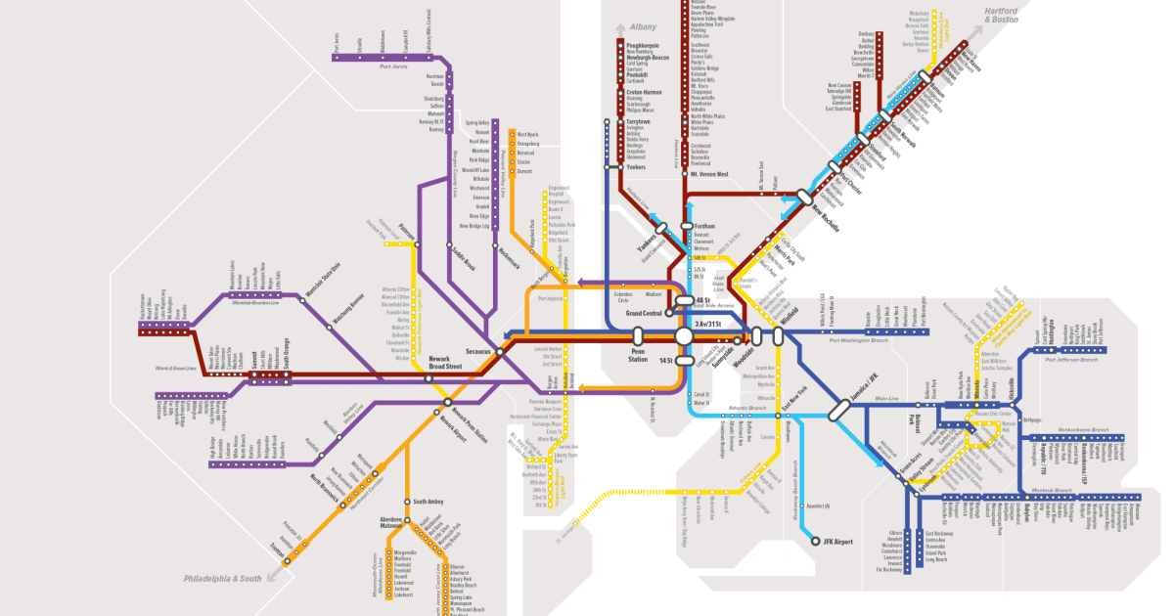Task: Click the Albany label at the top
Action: (x=644, y=28)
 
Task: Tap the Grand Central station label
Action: (x=645, y=313)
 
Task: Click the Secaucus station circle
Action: (x=499, y=351)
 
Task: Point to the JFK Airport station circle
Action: (x=815, y=540)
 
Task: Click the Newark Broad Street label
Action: (x=445, y=363)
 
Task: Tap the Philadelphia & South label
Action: (x=223, y=579)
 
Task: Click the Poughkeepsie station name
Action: (x=646, y=45)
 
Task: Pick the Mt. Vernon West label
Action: (x=709, y=174)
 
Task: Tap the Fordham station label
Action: (x=704, y=226)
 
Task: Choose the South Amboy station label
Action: (x=429, y=502)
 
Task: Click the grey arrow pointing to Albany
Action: (x=619, y=28)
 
